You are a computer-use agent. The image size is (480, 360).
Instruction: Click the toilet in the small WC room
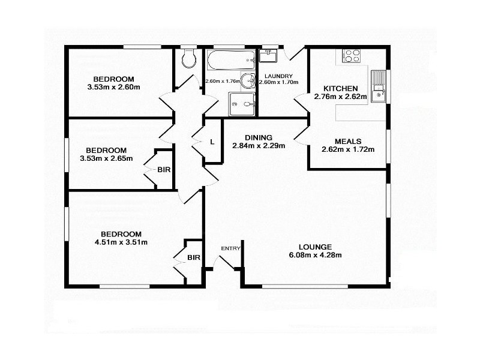188,59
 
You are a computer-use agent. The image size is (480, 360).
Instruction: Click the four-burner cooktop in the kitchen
351,56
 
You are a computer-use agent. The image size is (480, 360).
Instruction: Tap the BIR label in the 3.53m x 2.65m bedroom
164,170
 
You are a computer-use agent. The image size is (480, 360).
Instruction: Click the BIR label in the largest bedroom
194,258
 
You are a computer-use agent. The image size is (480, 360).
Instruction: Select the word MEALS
348,142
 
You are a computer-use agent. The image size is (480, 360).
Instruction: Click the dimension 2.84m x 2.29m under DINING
259,145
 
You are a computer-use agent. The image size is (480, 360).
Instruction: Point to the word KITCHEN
340,88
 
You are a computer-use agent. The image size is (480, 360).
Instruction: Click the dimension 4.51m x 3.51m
121,242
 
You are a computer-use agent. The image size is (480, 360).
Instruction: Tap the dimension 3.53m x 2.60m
113,88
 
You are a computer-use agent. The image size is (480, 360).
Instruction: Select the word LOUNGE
314,247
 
